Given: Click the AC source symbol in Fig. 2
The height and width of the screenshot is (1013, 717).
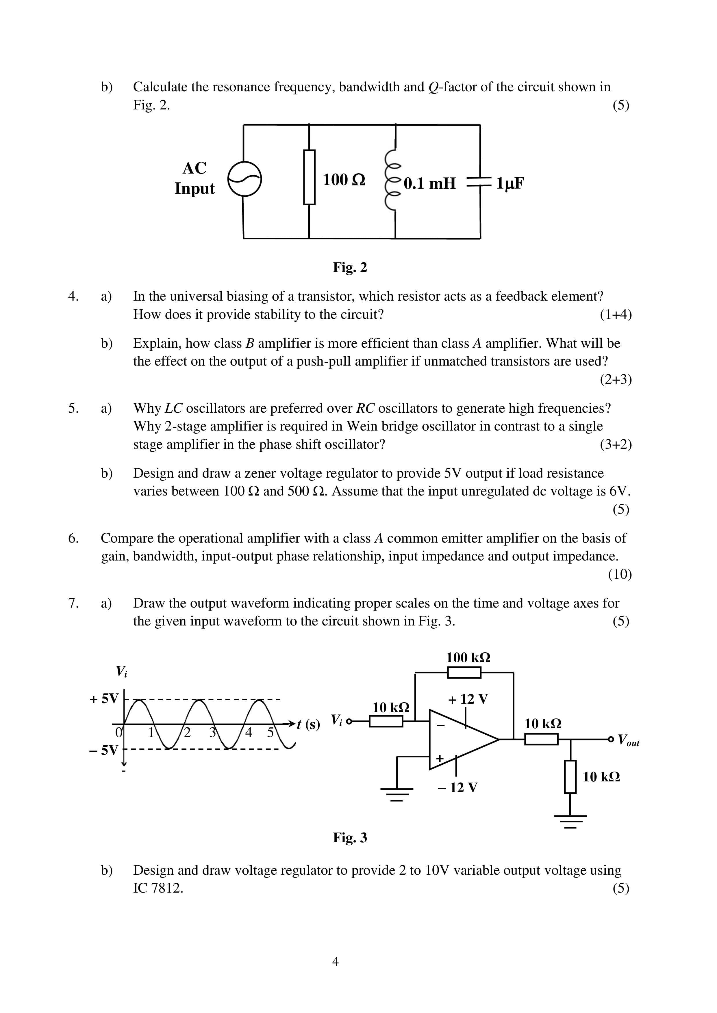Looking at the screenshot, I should pos(244,179).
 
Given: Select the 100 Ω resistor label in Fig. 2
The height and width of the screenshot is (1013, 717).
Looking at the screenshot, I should pos(344,180).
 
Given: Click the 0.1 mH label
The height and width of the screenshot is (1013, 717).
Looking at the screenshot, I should pos(429,183).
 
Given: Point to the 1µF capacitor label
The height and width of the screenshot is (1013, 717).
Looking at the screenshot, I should pos(510,183).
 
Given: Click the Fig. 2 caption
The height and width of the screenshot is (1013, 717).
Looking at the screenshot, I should pos(350,267).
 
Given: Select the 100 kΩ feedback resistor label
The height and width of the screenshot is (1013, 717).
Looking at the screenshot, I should pos(468,658).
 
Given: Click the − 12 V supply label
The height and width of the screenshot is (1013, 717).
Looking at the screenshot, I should pos(458,787).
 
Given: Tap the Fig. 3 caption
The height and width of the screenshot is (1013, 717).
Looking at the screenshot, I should pos(350,837).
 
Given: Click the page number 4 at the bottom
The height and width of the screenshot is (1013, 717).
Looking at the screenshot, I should pos(336,961).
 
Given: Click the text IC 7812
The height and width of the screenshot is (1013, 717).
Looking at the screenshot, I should pos(158,888).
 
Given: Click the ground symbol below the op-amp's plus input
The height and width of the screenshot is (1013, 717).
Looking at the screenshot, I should pos(397,794).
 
